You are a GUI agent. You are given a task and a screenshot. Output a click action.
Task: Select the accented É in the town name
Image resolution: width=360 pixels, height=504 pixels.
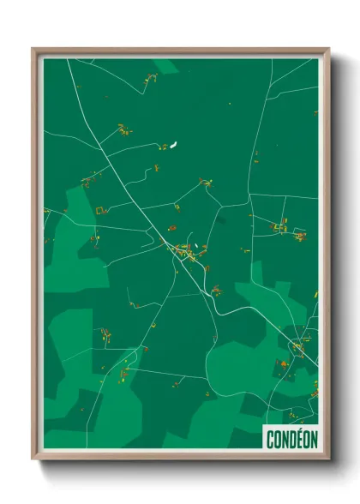click(293, 438)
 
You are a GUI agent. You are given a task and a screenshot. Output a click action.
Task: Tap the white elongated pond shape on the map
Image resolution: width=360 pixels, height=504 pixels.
click(174, 143)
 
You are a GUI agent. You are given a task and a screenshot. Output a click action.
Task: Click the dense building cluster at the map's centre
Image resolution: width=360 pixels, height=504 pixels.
click(185, 251)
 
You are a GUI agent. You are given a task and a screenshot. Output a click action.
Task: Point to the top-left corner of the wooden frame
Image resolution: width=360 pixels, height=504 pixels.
click(33, 50)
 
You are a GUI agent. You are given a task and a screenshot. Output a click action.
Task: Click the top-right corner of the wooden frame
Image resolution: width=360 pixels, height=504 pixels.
click(327, 50)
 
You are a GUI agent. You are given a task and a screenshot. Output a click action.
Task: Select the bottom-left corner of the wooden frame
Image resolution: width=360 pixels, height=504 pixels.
click(33, 458)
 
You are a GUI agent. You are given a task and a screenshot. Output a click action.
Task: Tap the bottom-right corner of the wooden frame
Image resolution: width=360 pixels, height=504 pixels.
click(327, 458)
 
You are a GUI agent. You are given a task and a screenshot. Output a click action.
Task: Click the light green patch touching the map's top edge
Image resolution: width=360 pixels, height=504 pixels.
click(165, 65)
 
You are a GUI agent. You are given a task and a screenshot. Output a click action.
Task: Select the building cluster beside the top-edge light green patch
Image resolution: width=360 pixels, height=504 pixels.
click(152, 79)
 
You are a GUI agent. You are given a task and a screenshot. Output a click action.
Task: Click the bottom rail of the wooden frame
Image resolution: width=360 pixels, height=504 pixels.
click(180, 456)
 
